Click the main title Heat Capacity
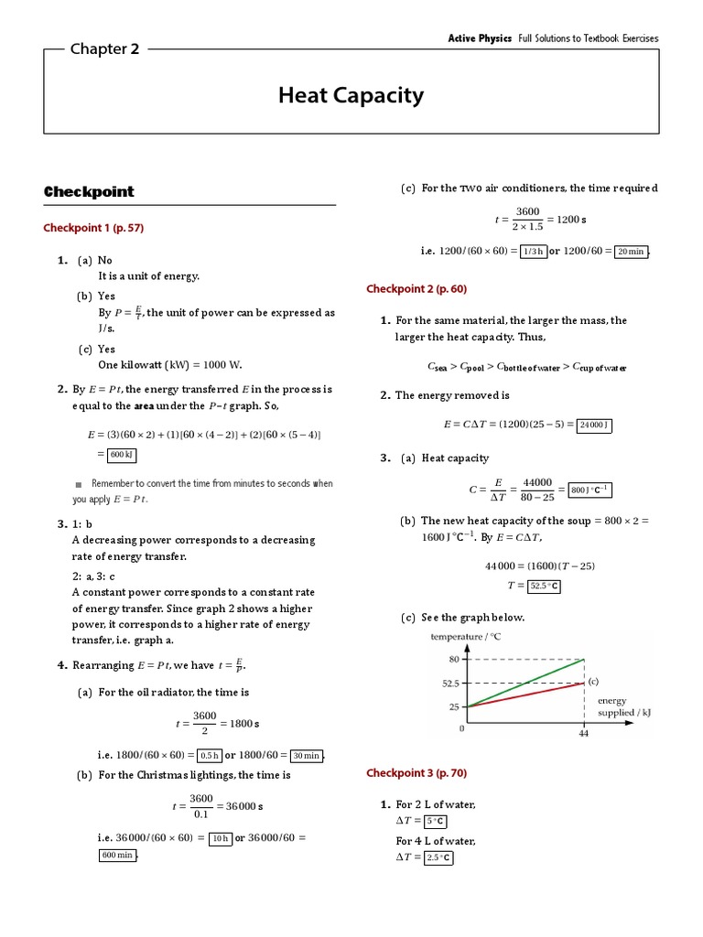coord(351,95)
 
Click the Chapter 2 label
coord(104,49)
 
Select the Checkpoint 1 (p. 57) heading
coord(93,228)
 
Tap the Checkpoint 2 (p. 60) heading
coord(416,288)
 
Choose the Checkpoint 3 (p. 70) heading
coord(416,773)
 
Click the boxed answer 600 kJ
coord(122,454)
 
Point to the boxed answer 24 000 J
coord(595,425)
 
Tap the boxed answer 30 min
coord(306,756)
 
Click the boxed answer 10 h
coord(220,837)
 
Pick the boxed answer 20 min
coord(631,252)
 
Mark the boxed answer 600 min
coord(117,856)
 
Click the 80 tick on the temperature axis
coord(454,659)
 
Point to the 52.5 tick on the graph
coord(450,683)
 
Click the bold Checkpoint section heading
coord(89,191)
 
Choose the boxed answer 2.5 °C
coord(438,857)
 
